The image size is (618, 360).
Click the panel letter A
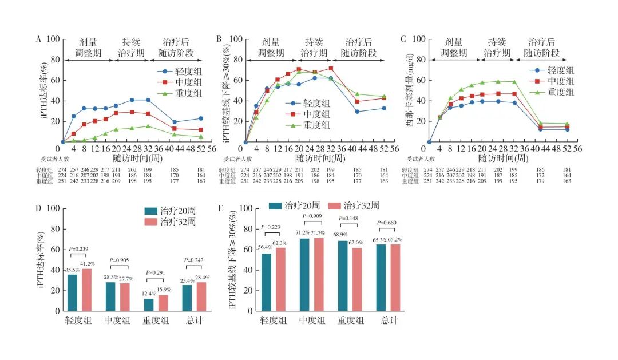coord(39,39)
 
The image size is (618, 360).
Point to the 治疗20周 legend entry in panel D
coord(168,211)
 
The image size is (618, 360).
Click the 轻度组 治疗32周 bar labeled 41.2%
coord(87,290)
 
